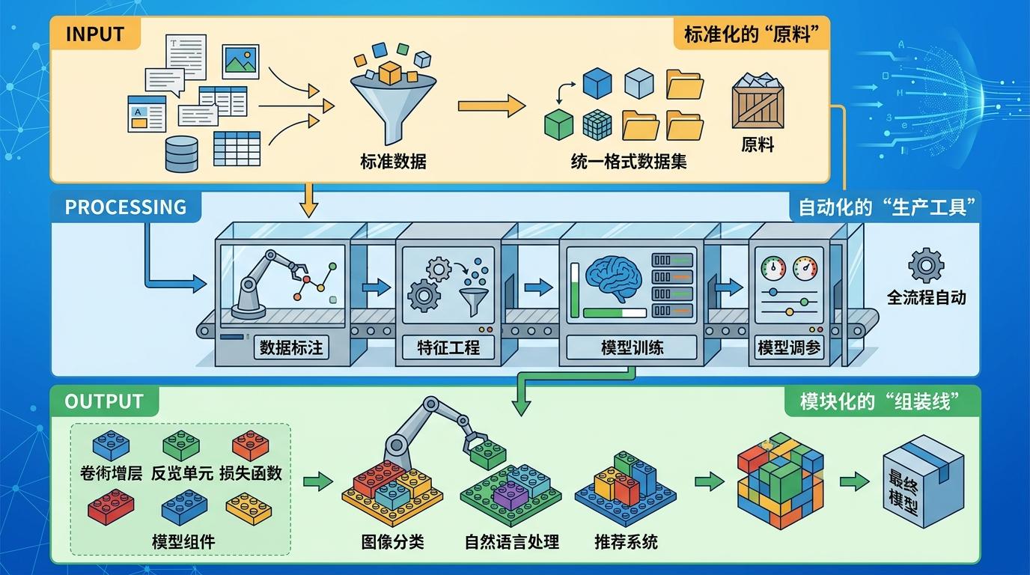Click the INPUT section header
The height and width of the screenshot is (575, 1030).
94,34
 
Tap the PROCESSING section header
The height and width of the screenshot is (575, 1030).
125,207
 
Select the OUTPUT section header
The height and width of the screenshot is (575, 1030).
103,401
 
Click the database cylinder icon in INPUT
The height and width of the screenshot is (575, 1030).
181,153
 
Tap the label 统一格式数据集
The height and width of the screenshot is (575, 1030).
628,161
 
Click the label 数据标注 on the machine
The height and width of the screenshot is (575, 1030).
290,347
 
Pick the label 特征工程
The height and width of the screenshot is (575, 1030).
448,347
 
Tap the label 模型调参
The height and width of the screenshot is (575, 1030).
789,347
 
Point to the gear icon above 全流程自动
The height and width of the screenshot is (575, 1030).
926,266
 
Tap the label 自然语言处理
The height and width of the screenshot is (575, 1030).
512,541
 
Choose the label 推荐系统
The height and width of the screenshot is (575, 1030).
626,541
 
